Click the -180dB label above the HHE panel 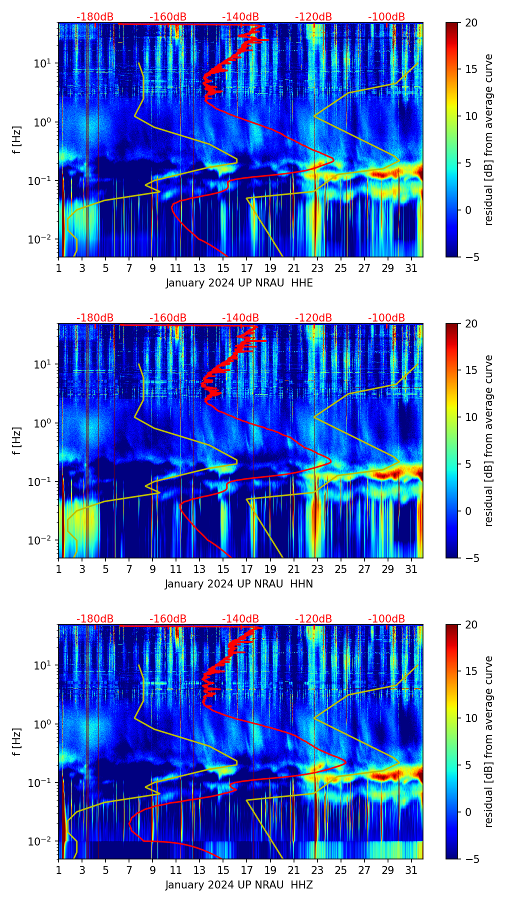[95, 17]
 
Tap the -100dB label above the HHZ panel [386, 619]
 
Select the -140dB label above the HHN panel [240, 318]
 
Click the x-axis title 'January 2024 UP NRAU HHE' [239, 283]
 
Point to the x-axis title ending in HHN [239, 584]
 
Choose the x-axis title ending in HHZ [239, 885]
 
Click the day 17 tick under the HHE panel [247, 268]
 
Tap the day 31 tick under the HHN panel [411, 569]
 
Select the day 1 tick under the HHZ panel [58, 870]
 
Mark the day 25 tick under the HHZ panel [341, 870]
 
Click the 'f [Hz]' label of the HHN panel [17, 440]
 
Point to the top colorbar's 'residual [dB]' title [488, 139]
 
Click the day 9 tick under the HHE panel [152, 268]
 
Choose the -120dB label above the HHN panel [313, 318]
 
